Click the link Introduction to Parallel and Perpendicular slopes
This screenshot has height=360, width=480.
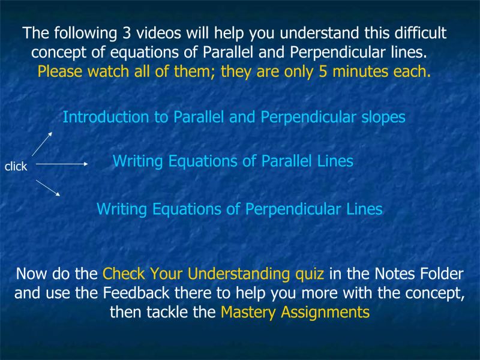(x=234, y=117)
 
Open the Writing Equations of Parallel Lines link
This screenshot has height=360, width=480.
(x=233, y=161)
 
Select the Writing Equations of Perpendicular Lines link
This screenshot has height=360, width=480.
(x=239, y=209)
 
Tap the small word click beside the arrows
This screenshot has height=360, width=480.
(x=16, y=167)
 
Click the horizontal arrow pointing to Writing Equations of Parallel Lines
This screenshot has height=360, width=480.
(x=62, y=163)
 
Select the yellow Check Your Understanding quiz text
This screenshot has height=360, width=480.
(x=214, y=274)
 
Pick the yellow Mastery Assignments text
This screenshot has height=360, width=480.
(x=295, y=312)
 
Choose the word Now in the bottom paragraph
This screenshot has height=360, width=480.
(x=32, y=274)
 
